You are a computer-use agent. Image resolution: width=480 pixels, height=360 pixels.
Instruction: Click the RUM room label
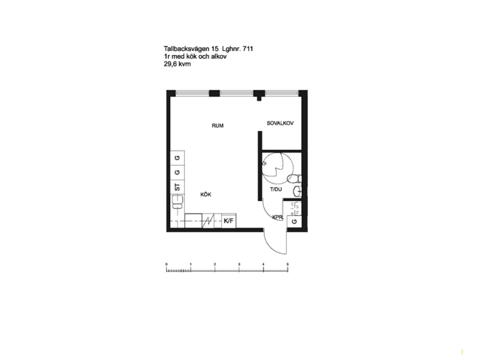(218, 126)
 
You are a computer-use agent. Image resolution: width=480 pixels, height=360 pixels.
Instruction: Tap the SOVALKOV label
(280, 123)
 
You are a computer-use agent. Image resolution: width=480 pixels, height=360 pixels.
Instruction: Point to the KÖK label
(206, 194)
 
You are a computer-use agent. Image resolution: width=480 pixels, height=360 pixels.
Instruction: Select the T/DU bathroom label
(276, 189)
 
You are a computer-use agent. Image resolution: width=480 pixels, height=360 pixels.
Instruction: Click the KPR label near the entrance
(278, 217)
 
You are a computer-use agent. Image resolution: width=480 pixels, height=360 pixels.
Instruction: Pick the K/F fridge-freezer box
(229, 220)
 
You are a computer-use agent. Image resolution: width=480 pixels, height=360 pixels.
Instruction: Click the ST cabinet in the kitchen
(177, 187)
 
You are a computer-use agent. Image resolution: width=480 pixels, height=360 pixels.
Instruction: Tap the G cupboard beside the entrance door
(295, 222)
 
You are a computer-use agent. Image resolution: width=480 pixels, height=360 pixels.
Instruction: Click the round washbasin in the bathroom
(297, 191)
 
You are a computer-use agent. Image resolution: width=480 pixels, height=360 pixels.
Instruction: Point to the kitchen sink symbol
(177, 202)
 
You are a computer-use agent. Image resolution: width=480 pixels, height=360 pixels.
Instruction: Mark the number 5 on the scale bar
(287, 264)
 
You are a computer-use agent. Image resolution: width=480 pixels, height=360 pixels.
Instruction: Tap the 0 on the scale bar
(166, 264)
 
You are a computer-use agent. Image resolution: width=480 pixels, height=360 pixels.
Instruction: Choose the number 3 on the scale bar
(239, 264)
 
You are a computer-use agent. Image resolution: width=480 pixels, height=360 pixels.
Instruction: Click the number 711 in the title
(248, 49)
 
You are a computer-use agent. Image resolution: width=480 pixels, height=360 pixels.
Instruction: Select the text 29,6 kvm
(177, 64)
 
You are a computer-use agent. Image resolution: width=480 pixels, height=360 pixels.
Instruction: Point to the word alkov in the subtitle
(219, 56)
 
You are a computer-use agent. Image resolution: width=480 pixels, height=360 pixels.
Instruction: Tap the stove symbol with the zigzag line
(211, 220)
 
